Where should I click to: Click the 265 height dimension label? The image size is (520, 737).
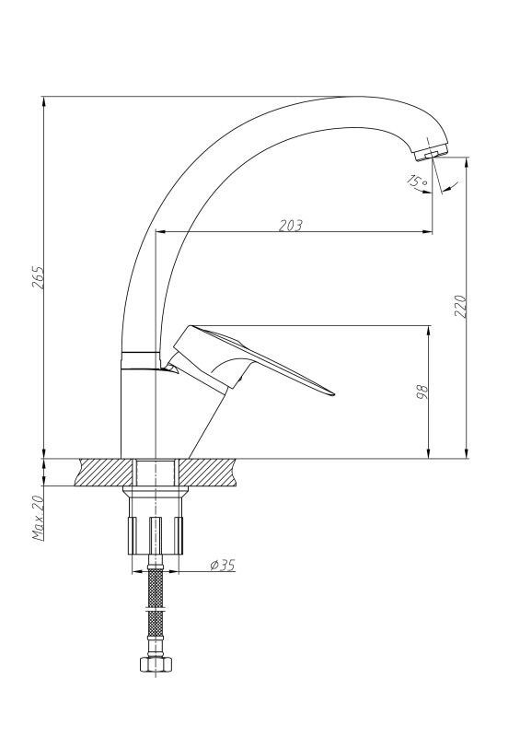pos(40,277)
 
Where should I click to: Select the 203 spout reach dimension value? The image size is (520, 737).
pos(291,226)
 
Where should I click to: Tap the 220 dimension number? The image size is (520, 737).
pos(461,306)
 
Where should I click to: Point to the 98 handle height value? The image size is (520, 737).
pos(422,392)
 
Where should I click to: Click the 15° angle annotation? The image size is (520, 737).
pos(417,181)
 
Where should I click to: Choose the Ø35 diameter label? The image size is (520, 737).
pos(223,565)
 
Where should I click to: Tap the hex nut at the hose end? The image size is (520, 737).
pos(156,663)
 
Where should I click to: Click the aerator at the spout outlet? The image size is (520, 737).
pos(431,153)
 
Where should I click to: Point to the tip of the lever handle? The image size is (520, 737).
pos(333,394)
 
